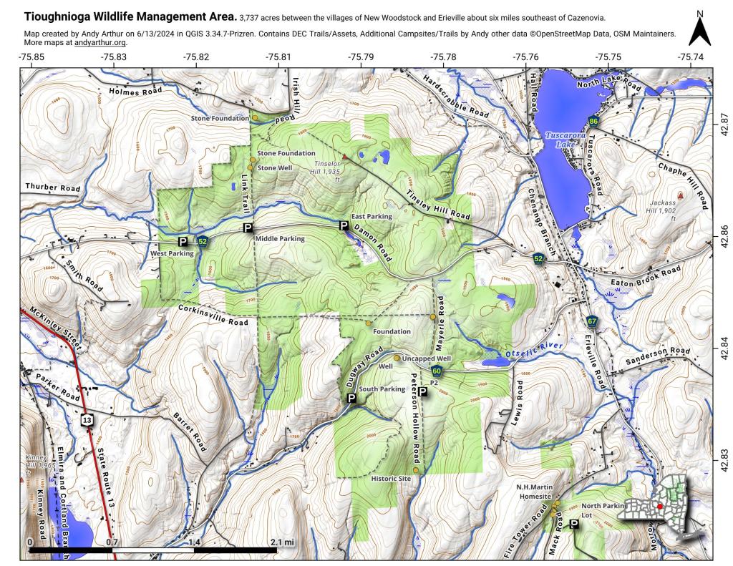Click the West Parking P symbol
click(x=183, y=242)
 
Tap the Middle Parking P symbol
click(x=248, y=228)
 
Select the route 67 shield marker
click(x=591, y=321)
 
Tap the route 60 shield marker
click(x=437, y=371)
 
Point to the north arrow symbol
click(x=699, y=30)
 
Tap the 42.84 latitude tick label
click(x=723, y=345)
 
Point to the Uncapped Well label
click(x=427, y=358)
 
